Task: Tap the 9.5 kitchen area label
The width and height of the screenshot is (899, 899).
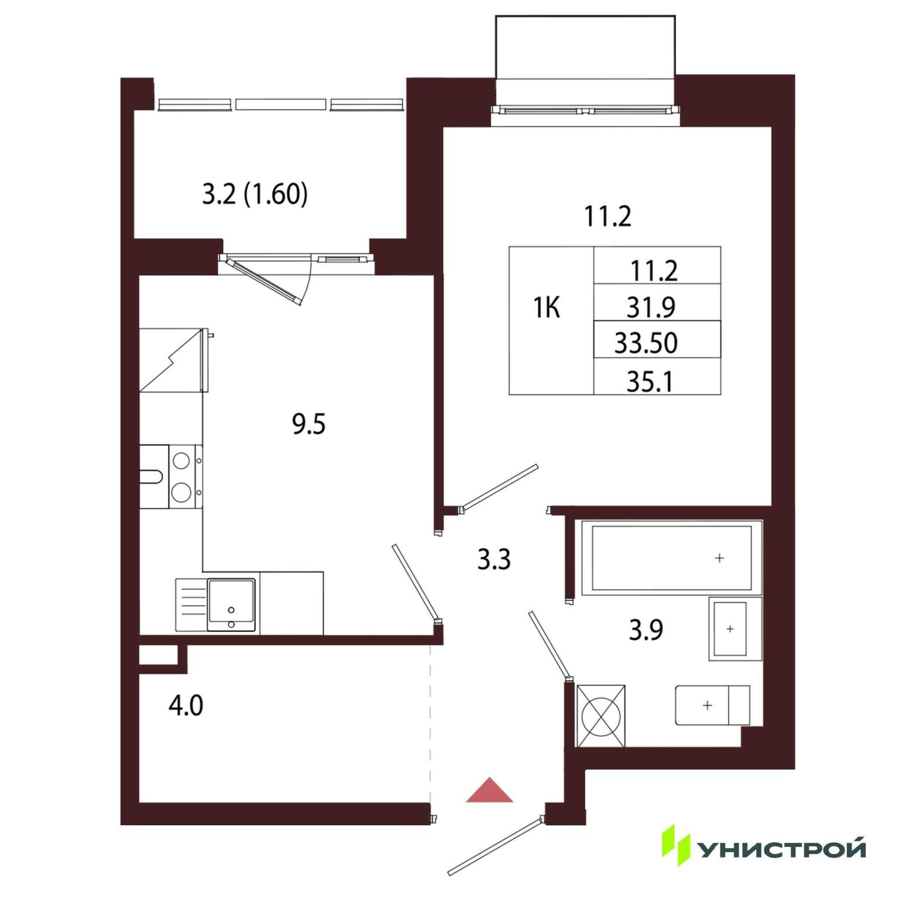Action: tap(308, 424)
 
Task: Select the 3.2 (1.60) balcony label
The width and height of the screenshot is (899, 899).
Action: tap(255, 194)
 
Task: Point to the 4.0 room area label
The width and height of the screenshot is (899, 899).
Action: tap(186, 706)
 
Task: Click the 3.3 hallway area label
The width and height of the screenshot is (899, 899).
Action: tap(494, 560)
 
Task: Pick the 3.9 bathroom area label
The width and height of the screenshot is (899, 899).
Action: tap(646, 630)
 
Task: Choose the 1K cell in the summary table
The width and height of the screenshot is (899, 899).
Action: tap(547, 307)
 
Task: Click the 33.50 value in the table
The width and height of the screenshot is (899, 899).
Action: tap(646, 343)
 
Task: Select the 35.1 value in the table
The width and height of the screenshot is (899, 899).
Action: tap(649, 382)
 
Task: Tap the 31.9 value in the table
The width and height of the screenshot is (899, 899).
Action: tap(650, 307)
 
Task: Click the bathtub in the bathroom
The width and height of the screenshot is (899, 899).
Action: tap(671, 558)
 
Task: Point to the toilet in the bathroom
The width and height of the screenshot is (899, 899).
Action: tap(712, 705)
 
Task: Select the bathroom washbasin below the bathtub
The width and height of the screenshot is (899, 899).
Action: tap(735, 629)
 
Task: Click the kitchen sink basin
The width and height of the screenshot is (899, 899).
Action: tap(231, 605)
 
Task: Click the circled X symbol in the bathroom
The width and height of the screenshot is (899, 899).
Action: tap(601, 716)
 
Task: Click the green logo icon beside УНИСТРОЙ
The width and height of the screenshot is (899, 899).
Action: tap(676, 846)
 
